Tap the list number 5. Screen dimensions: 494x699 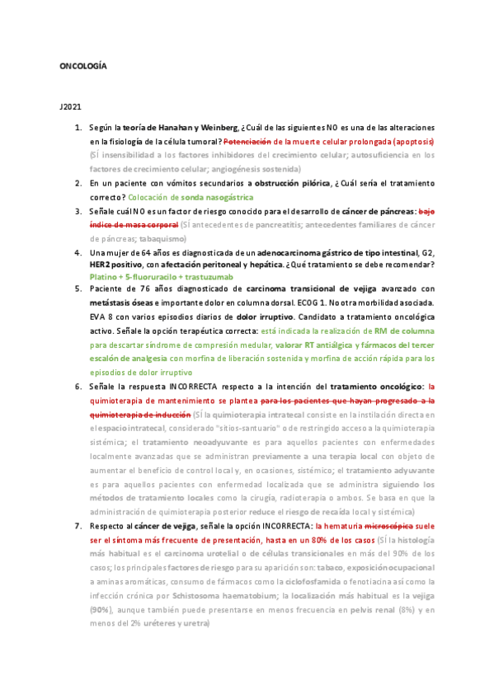coord(78,289)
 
